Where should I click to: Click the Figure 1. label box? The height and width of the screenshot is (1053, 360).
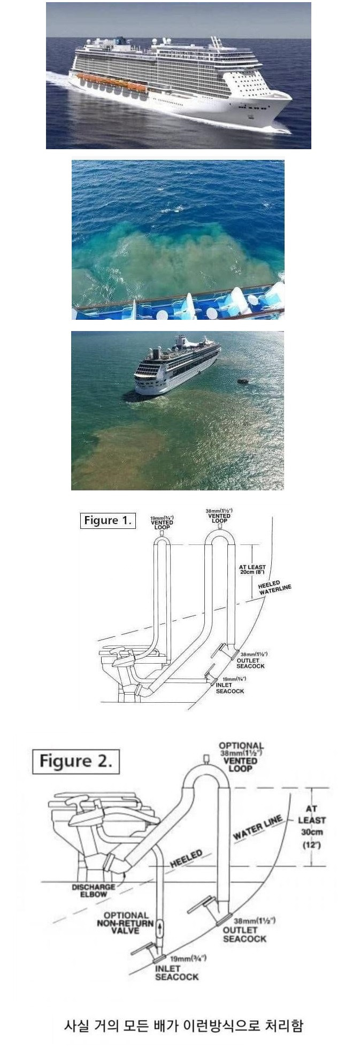(x=108, y=520)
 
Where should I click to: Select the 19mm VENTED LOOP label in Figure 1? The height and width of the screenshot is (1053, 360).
(x=162, y=522)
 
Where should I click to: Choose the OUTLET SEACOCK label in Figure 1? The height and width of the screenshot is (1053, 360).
(x=250, y=663)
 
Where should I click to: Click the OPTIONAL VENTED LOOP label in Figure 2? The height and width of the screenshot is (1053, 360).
(x=241, y=757)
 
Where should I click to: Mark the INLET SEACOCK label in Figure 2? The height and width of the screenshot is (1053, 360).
(x=177, y=972)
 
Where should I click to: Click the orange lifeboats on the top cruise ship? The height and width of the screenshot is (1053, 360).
(x=112, y=83)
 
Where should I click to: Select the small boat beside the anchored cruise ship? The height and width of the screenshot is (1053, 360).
(x=242, y=381)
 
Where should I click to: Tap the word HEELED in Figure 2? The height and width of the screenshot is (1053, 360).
(x=186, y=858)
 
